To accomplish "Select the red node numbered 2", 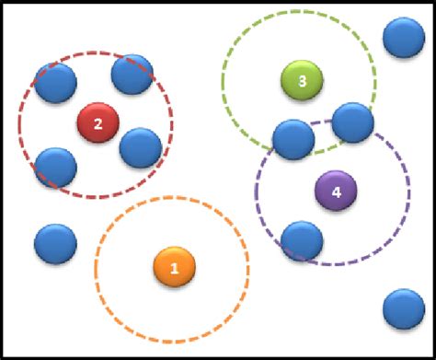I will coord(98,122).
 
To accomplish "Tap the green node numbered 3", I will coord(303,81).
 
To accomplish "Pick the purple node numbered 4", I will coord(335,192).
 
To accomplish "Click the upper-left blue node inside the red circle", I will coord(55,84).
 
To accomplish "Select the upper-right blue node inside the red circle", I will coord(132,74).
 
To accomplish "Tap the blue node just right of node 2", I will coord(140,147).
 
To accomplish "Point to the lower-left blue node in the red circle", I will coord(55,167).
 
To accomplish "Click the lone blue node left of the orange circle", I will coord(55,244).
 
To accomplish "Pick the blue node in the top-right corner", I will coord(403,38).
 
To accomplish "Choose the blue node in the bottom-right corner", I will coord(403,309).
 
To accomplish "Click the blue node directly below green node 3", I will coord(293,139).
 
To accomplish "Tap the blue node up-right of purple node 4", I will coord(352,122).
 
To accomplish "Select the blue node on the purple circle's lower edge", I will coord(302,240).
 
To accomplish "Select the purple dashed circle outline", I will coord(409,193).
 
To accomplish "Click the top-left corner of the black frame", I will coord(2,2).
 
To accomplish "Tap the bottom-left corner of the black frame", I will coord(2,357).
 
